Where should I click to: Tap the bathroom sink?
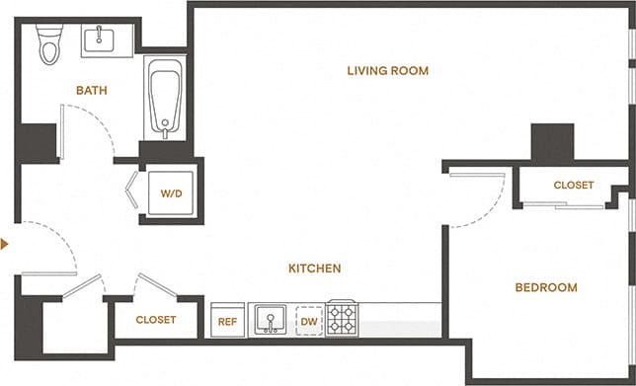point(99,39)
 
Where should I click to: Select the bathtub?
point(164,99)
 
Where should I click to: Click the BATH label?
point(91,91)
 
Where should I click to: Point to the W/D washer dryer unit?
point(171,193)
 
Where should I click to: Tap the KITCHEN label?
point(314,269)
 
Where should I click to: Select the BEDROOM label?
point(545,287)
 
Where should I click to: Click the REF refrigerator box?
point(226,321)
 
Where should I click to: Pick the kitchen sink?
point(268,319)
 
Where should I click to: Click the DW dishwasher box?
point(308,321)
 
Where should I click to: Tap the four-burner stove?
point(343,318)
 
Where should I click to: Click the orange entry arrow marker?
point(6,243)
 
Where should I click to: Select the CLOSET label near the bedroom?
point(573,185)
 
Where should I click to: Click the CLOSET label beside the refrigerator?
point(155,320)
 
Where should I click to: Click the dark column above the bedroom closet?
point(551,142)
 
